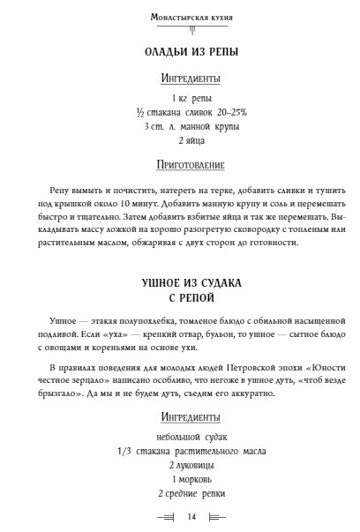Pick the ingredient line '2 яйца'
pos(179,140)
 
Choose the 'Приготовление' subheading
pos(179,164)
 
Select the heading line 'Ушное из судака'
pos(179,283)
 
